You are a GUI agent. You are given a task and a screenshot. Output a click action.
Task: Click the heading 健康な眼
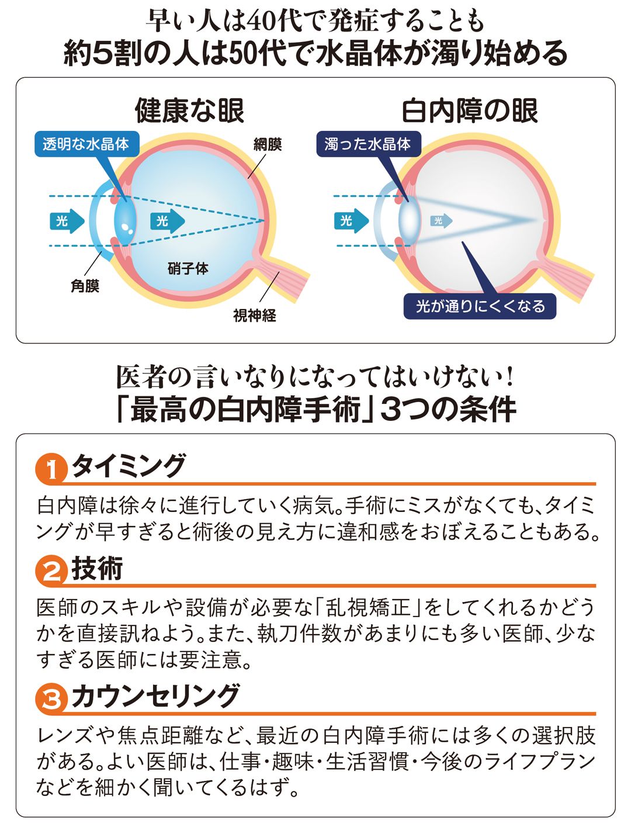coord(189,110)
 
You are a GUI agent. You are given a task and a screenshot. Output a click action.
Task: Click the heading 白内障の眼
coord(470,110)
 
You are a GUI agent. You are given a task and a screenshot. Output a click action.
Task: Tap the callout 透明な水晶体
coord(86,144)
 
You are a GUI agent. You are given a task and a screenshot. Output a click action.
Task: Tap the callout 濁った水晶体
coord(368,144)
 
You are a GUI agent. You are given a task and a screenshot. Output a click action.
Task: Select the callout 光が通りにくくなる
coord(480,306)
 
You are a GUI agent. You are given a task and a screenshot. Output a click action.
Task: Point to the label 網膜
coord(268,144)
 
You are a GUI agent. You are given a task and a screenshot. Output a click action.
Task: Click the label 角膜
coord(85,286)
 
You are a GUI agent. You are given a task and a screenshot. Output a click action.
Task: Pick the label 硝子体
coord(188,268)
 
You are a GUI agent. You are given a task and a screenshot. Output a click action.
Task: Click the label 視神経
coord(255,316)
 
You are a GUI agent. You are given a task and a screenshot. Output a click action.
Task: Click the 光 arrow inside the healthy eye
coord(167,221)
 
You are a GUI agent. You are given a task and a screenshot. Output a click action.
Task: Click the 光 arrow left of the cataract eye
coord(350,221)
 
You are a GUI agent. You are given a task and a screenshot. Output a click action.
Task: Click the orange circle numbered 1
coord(51,469)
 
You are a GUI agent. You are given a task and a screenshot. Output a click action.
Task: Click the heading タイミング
coord(129,466)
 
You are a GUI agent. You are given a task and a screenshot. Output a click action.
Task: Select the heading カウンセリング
coord(155,696)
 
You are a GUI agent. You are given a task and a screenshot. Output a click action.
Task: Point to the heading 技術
coord(97,569)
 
